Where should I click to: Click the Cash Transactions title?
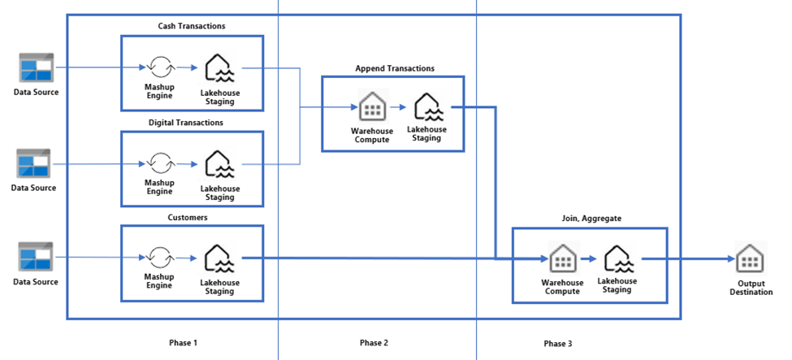tap(192, 26)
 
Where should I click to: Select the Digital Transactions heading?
tap(192, 123)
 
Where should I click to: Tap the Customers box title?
tap(192, 217)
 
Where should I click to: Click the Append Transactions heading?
tap(395, 68)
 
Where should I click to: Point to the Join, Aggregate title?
tap(589, 219)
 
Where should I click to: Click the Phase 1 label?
tap(184, 343)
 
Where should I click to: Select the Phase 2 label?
tap(374, 343)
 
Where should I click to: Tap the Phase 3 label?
tap(558, 344)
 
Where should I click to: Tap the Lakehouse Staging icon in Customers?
tap(219, 258)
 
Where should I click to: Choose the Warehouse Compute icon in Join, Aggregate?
tap(562, 259)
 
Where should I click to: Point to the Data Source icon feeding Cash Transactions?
tap(36, 67)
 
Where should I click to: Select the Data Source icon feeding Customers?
tap(36, 257)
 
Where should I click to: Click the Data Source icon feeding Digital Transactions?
tap(36, 163)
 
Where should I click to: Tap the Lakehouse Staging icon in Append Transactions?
tap(427, 106)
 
